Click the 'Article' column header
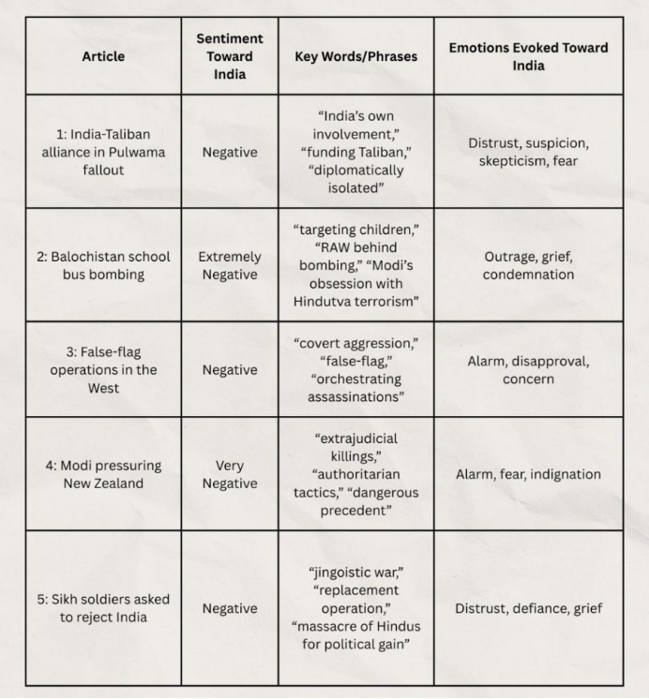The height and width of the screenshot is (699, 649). [103, 56]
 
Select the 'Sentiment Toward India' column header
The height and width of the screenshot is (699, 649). [230, 56]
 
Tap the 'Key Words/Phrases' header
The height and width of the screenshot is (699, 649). [355, 56]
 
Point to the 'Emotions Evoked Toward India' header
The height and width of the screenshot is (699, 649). [528, 56]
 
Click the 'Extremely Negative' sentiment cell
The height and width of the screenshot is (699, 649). [230, 265]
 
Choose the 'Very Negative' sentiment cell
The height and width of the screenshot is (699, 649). [230, 474]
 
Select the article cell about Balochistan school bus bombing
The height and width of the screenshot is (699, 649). [103, 265]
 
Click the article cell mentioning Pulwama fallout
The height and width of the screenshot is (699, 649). [103, 152]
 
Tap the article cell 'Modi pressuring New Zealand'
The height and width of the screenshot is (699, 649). [103, 474]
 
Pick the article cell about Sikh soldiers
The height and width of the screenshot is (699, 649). [103, 608]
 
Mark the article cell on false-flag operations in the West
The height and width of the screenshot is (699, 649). [103, 370]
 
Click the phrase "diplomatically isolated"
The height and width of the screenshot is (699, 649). [355, 179]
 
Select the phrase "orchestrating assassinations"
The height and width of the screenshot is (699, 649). [355, 388]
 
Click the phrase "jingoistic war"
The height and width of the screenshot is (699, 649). [355, 573]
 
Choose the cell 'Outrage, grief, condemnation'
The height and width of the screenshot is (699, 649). [528, 265]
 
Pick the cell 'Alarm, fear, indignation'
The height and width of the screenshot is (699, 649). [528, 474]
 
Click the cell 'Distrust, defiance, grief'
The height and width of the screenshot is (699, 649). [528, 608]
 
